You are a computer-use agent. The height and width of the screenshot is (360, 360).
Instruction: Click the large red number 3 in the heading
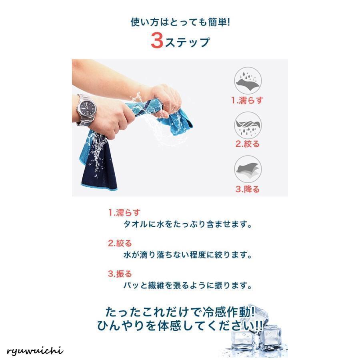(157, 40)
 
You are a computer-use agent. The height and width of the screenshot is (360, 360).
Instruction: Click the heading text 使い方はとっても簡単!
(180, 22)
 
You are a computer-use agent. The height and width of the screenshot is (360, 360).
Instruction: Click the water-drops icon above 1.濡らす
(248, 81)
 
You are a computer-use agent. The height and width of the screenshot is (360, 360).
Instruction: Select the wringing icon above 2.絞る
(248, 125)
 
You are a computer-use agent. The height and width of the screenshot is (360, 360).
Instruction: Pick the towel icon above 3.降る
(248, 169)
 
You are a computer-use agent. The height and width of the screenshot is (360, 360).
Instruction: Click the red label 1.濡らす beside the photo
(247, 100)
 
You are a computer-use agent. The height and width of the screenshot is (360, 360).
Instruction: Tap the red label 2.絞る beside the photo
(248, 144)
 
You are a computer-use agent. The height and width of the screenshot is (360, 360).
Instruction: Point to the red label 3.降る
(248, 189)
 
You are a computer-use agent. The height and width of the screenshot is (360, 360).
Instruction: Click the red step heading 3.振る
(120, 274)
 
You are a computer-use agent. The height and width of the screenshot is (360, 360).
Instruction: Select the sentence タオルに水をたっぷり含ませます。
(188, 224)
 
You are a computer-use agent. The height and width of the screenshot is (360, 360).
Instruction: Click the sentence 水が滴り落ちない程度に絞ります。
(188, 255)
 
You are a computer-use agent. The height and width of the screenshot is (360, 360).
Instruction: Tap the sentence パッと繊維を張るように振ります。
(188, 285)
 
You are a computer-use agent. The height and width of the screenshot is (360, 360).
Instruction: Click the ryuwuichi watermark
(35, 351)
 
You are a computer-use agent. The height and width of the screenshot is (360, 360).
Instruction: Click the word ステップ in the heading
(187, 42)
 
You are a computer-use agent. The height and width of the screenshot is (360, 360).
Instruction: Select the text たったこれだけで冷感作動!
(180, 312)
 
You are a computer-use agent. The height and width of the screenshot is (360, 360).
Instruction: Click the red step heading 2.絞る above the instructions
(120, 243)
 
